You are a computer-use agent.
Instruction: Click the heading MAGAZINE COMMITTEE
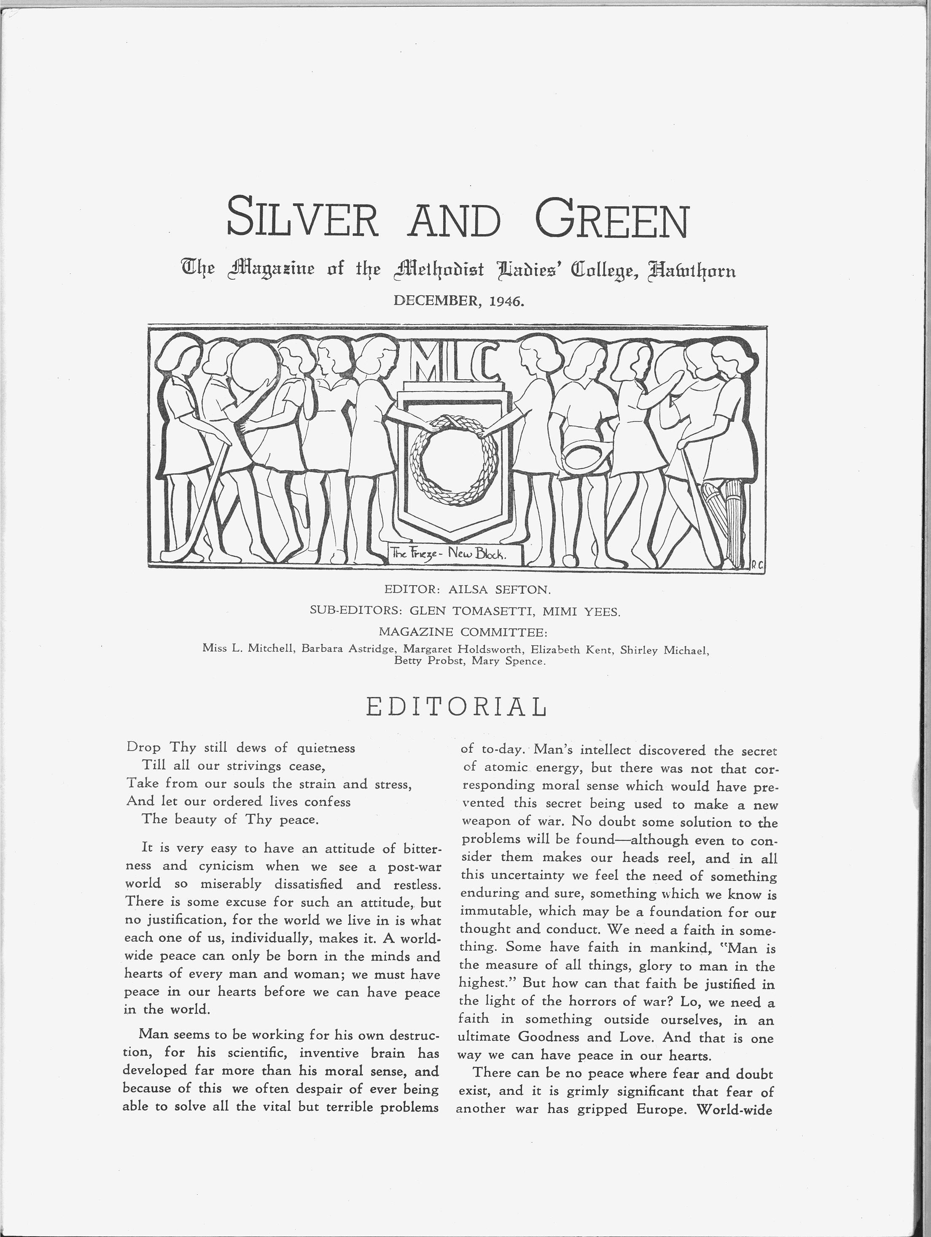tap(463, 632)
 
